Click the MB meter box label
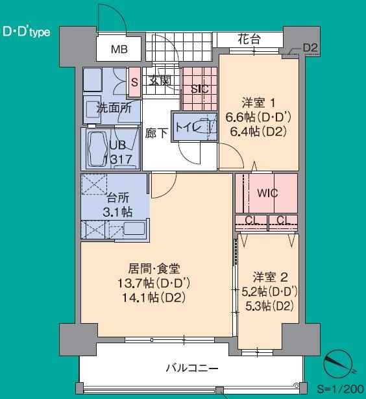[x=119, y=49]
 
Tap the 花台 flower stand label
[x=249, y=39]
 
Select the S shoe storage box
[x=134, y=82]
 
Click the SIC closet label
[x=200, y=89]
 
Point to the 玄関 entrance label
[x=160, y=80]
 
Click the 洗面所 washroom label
[x=114, y=108]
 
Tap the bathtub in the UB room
[x=97, y=149]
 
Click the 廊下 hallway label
[x=156, y=133]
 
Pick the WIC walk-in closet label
[x=267, y=193]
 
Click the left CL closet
[x=251, y=223]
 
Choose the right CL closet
[x=284, y=223]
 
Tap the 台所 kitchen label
[x=117, y=198]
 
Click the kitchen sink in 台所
[x=134, y=228]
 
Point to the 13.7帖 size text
[x=136, y=283]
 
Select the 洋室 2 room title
[x=271, y=277]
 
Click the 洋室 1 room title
[x=258, y=103]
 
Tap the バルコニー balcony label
[x=192, y=368]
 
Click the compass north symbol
[x=338, y=363]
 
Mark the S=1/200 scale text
[x=340, y=389]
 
